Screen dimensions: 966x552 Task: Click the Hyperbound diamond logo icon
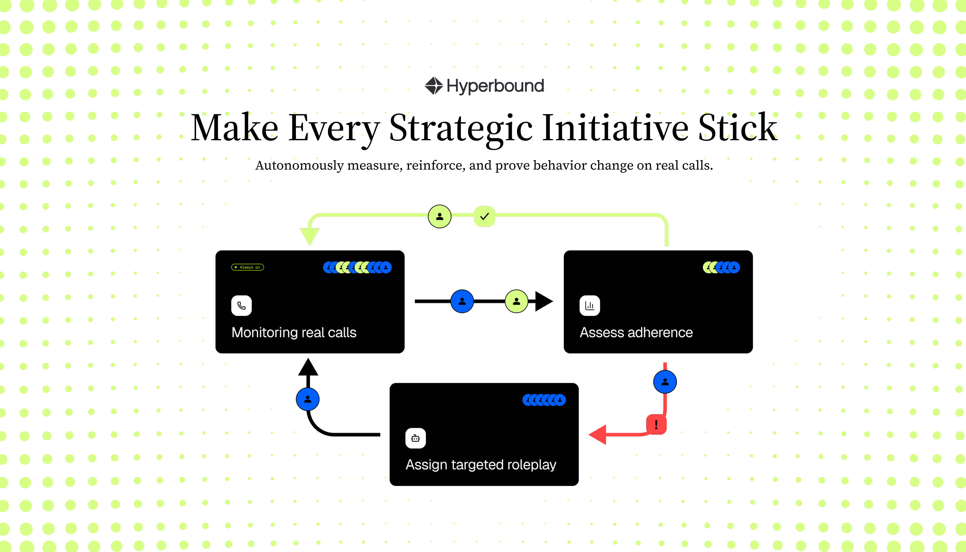coord(433,86)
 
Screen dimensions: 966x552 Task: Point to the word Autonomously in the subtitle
coord(299,166)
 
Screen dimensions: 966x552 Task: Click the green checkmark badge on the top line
coord(484,216)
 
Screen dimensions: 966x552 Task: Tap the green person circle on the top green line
coord(440,216)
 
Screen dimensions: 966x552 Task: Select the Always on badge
coord(247,267)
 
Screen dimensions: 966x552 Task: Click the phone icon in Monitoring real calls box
coord(241,306)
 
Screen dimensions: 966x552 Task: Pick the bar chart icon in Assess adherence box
coord(590,306)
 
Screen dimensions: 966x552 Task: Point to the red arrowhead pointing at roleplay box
coord(598,434)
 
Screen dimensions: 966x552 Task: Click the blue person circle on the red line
coord(665,382)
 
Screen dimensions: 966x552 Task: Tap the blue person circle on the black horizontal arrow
coord(462,301)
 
